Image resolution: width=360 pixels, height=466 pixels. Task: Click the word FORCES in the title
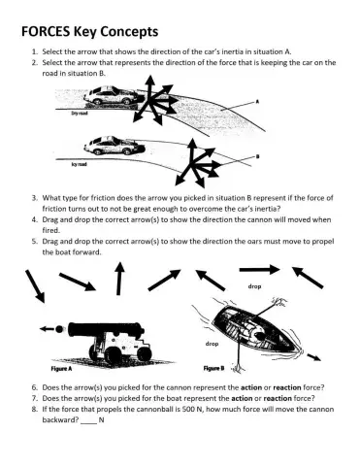click(x=46, y=30)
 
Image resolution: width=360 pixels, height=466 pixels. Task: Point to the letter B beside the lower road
click(x=255, y=157)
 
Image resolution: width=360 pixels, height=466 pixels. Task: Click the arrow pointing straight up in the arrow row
click(x=120, y=279)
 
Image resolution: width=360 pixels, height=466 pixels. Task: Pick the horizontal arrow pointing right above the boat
click(x=259, y=269)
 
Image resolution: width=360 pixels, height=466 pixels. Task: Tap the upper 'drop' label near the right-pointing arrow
click(x=254, y=286)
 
